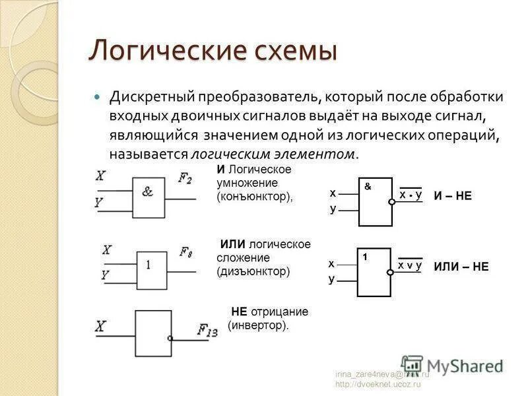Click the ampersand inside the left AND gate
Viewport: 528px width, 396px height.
point(147,192)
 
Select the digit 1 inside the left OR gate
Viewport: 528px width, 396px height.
point(148,265)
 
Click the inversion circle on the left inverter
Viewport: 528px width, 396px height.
point(170,338)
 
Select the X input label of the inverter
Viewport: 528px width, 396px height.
point(101,326)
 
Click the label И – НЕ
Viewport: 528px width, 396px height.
point(453,196)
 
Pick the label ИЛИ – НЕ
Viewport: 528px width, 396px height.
point(461,267)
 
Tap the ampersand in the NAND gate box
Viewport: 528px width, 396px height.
point(368,187)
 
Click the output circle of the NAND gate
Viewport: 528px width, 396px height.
point(392,202)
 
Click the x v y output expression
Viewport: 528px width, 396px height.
point(409,265)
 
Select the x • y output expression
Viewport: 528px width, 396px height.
point(410,195)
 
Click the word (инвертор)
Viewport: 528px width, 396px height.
point(258,325)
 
